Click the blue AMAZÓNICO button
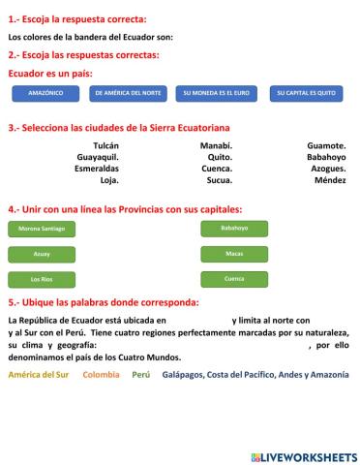pyautogui.click(x=46, y=93)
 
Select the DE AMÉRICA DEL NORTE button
pyautogui.click(x=126, y=93)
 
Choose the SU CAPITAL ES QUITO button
pyautogui.click(x=306, y=93)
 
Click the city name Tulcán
pyautogui.click(x=105, y=145)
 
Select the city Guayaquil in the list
pyautogui.click(x=98, y=157)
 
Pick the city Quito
pyautogui.click(x=220, y=157)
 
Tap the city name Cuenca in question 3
pyautogui.click(x=217, y=169)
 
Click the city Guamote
pyautogui.click(x=326, y=145)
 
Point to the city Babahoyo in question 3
pyautogui.click(x=326, y=157)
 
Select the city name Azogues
pyautogui.click(x=328, y=169)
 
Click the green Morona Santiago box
pyautogui.click(x=42, y=229)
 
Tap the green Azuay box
pyautogui.click(x=42, y=254)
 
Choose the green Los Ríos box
pyautogui.click(x=42, y=279)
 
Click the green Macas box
pyautogui.click(x=234, y=254)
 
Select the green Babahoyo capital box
pyautogui.click(x=234, y=229)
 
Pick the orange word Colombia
pyautogui.click(x=101, y=374)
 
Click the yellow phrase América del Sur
pyautogui.click(x=39, y=374)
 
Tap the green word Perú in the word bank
pyautogui.click(x=141, y=374)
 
